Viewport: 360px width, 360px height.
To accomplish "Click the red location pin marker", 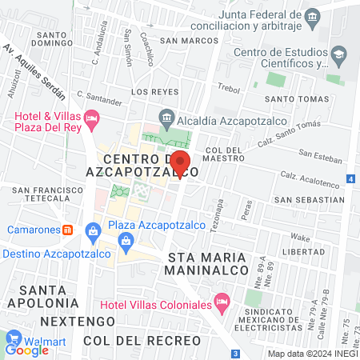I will coord(181,162).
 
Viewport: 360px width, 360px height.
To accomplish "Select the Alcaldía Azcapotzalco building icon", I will coord(166,115).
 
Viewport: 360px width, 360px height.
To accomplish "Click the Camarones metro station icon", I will coord(68,230).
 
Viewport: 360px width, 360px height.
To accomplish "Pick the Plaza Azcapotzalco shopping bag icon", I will coord(94,230).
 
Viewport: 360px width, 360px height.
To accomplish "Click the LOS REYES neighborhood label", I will coord(152,92).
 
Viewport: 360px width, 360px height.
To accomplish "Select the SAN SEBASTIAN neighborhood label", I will coord(308,198).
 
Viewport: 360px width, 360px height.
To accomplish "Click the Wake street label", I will coord(300,238).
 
